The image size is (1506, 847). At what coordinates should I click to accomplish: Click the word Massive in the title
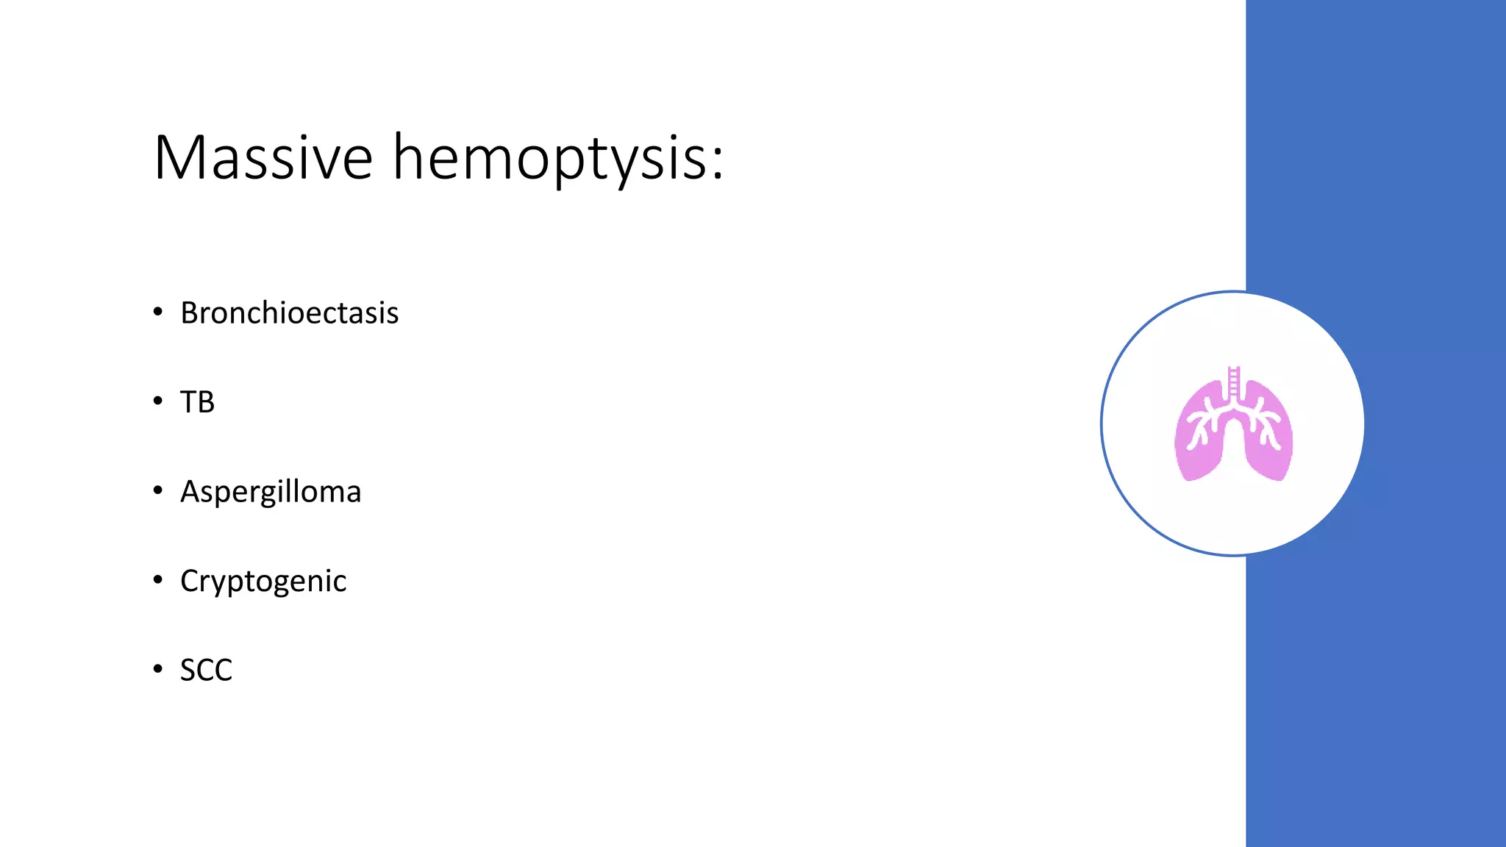(x=263, y=157)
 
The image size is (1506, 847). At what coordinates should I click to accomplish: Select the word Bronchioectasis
(x=289, y=313)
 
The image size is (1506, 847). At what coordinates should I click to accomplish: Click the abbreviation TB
(x=197, y=402)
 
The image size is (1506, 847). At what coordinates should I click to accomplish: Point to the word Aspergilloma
(x=271, y=492)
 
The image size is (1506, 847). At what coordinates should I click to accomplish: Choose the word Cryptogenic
(x=263, y=581)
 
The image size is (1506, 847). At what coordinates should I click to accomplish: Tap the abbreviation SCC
(x=206, y=670)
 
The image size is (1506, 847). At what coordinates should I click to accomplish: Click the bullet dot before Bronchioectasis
(x=157, y=312)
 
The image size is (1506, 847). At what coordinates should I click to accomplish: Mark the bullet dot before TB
(x=157, y=401)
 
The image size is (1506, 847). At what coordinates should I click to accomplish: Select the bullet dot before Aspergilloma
(x=157, y=490)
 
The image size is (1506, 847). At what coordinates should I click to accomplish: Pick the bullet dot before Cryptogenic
(x=157, y=579)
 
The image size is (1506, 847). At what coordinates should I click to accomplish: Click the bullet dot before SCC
(x=157, y=668)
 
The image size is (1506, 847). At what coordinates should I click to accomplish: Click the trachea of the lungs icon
(x=1234, y=382)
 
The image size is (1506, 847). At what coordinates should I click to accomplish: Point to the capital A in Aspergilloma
(x=190, y=491)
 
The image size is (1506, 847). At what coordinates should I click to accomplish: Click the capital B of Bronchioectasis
(x=190, y=313)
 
